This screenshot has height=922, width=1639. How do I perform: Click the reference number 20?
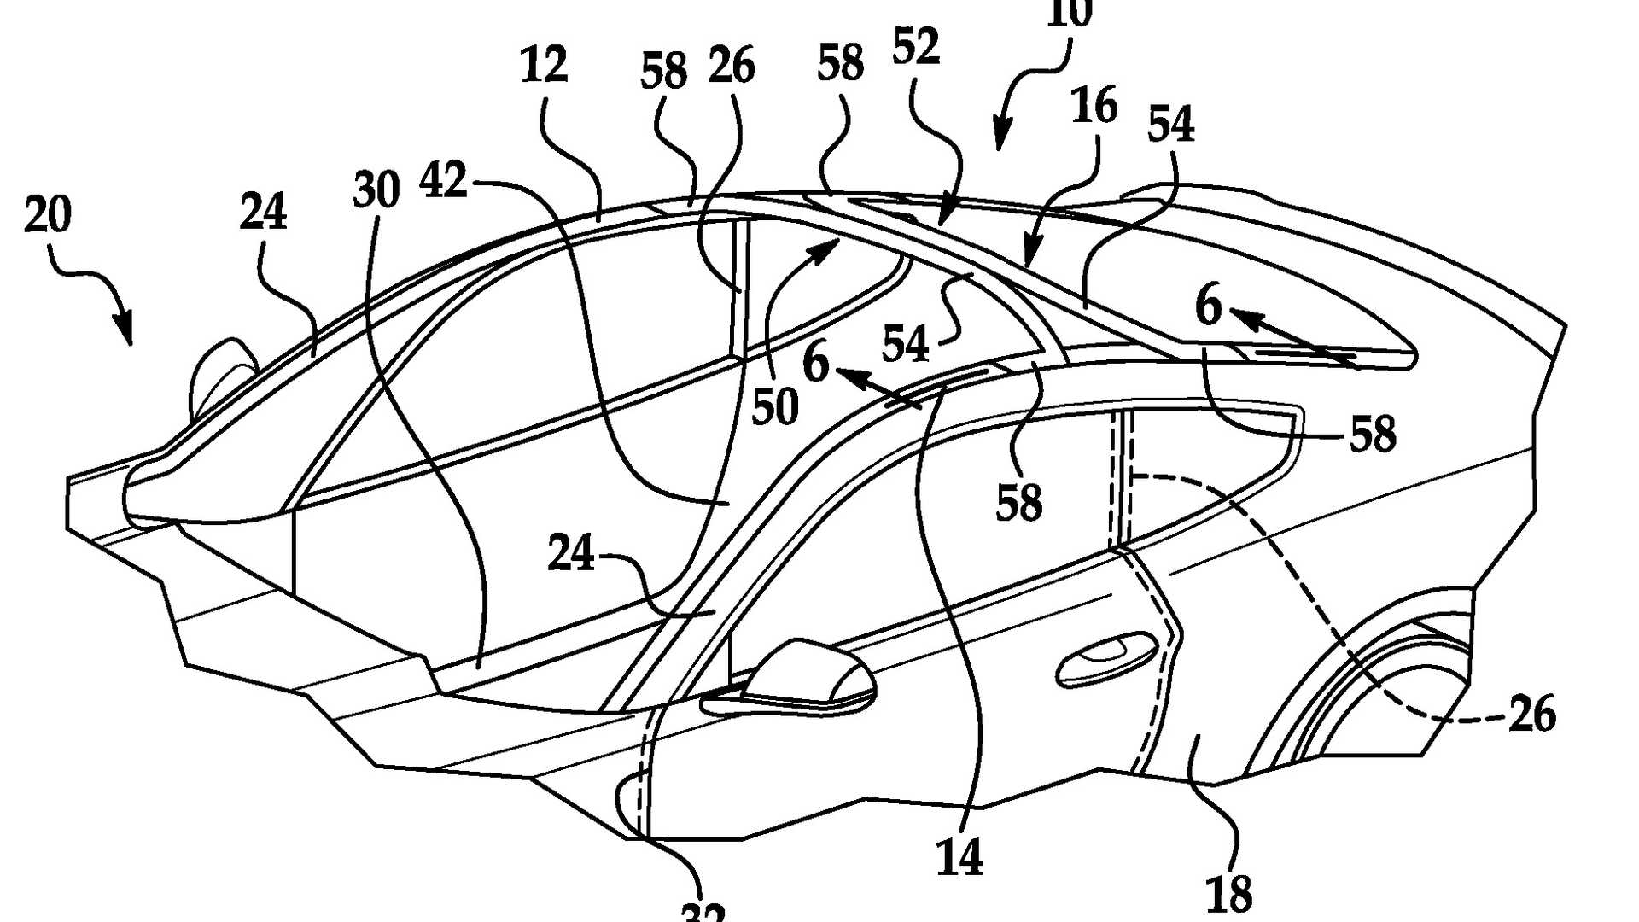pos(48,214)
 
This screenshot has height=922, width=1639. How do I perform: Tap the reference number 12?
pos(544,65)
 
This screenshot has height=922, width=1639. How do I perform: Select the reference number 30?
pos(376,190)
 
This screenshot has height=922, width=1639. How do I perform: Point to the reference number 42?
pos(444,181)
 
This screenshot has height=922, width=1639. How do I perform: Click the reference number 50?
pos(774,406)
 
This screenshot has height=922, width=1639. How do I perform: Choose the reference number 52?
pos(916,47)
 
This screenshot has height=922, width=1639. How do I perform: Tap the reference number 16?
pos(1094,106)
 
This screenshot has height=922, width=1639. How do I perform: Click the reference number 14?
pos(959,856)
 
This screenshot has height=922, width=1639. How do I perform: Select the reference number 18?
pos(1229,893)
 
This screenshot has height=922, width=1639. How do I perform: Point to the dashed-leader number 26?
pos(1532,714)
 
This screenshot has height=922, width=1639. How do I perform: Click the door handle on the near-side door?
pos(1105,661)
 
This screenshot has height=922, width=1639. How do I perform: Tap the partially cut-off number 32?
pos(703,912)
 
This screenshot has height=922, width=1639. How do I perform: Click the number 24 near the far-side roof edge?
pos(262,212)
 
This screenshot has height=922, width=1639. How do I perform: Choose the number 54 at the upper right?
pos(1170,125)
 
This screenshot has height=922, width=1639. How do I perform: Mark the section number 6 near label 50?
pos(815,363)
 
